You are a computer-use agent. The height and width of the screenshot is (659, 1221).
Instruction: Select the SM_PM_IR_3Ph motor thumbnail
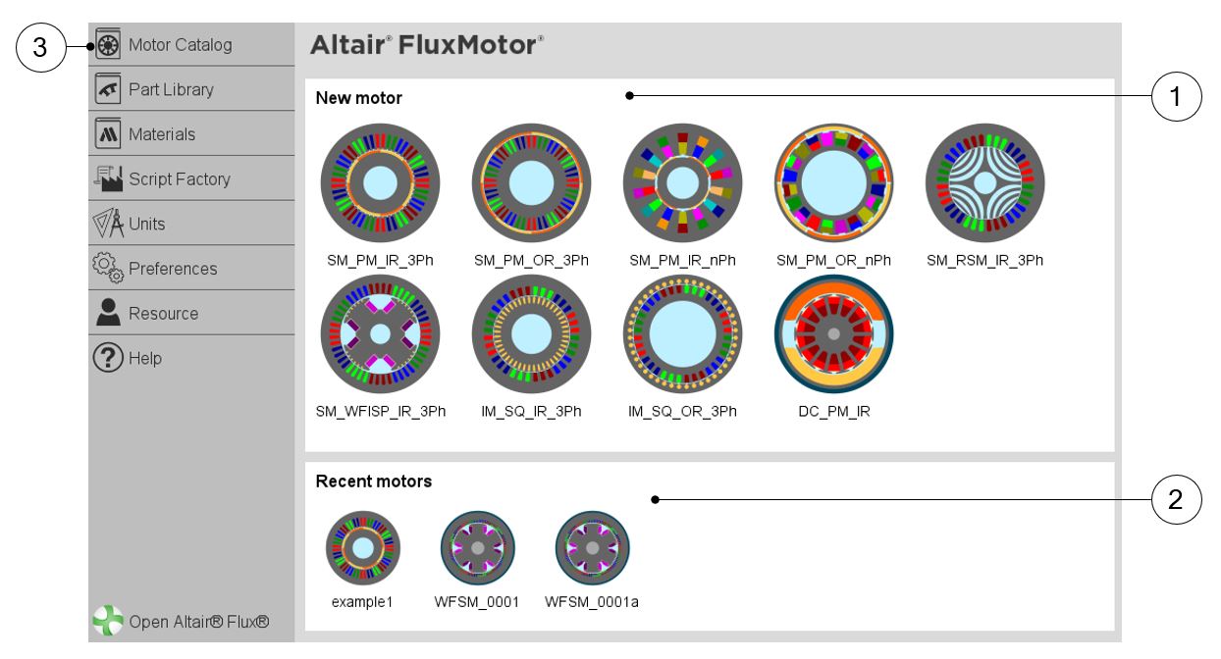(381, 182)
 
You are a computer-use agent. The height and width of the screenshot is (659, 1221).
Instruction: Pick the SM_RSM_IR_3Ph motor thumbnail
(984, 182)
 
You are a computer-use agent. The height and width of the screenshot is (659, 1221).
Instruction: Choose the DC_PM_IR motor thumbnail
(833, 333)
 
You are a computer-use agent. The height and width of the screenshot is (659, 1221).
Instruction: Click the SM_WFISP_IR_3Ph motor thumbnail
(381, 333)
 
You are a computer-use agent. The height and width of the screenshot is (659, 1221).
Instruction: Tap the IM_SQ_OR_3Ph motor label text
(682, 412)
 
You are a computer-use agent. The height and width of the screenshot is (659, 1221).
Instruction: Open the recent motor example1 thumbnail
(363, 547)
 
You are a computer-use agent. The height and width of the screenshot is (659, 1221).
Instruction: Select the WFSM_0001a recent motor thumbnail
(592, 547)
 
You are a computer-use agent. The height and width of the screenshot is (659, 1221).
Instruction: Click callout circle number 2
(1175, 499)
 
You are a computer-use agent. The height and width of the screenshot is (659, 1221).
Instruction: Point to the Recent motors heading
(373, 482)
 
